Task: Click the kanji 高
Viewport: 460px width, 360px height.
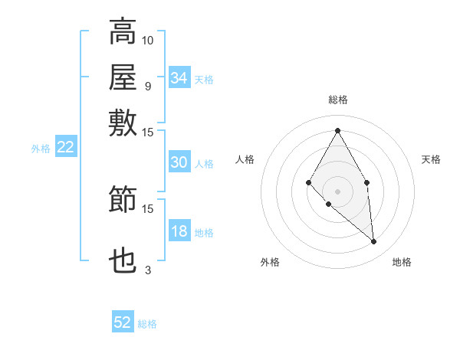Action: coord(123,33)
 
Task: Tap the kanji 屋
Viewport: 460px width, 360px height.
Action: coord(123,77)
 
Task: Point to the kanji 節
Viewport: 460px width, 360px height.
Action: coord(123,199)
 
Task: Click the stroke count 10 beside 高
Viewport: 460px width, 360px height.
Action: coord(148,40)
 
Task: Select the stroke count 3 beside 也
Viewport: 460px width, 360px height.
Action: coord(147,270)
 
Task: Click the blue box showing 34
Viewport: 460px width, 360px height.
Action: coord(179,77)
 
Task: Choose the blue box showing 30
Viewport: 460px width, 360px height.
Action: coord(179,162)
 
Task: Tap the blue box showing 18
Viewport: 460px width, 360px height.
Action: coord(179,232)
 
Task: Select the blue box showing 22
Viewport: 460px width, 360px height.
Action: coord(65,148)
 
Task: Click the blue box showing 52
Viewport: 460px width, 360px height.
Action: coord(123,322)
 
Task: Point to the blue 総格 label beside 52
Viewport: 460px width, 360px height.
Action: coord(147,324)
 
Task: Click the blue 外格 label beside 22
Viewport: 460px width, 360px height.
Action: coord(41,149)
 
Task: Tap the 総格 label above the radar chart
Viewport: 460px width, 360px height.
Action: coord(337,100)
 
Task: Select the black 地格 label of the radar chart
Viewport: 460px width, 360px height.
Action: coord(402,263)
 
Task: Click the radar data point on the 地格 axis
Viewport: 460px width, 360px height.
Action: coord(374,242)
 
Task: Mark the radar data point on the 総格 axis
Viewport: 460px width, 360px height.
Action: coord(337,130)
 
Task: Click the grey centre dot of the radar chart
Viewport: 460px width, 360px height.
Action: coord(337,191)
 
